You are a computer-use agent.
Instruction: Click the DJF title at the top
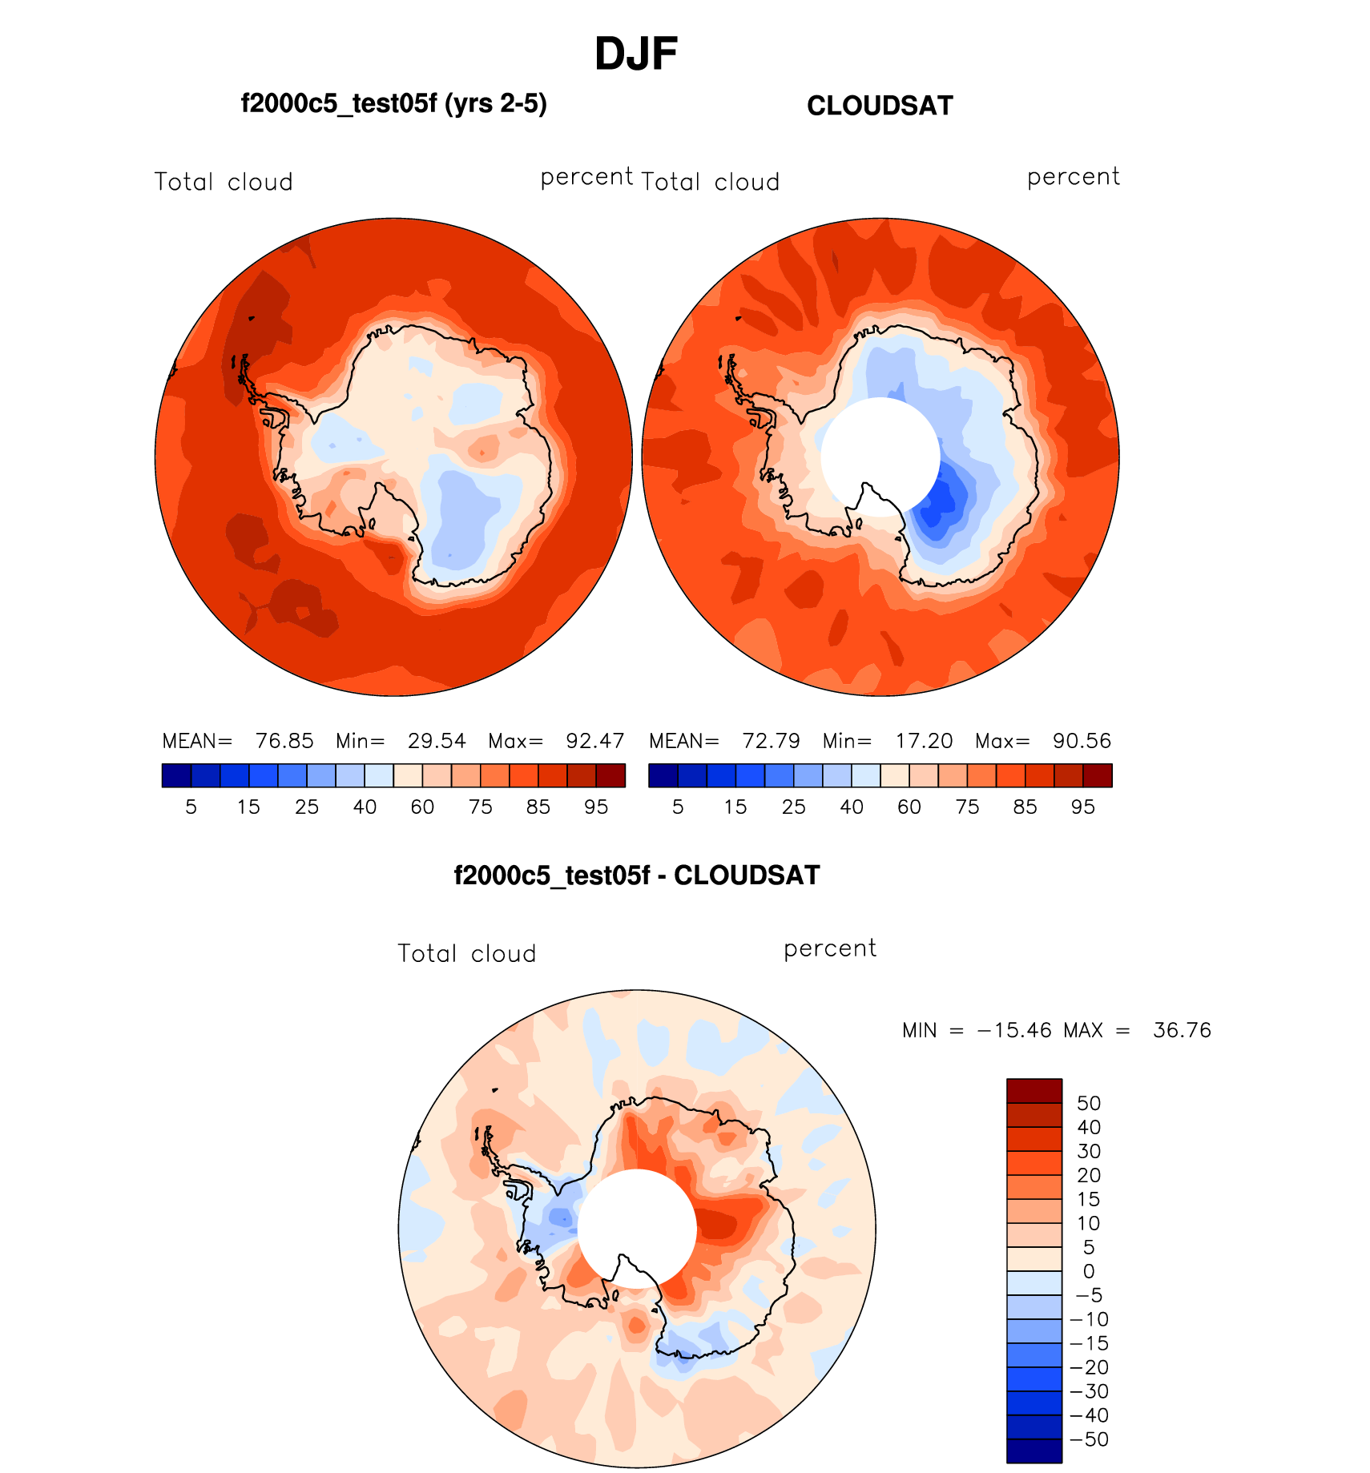[x=636, y=54]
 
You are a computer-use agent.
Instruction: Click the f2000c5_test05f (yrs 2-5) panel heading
[x=393, y=104]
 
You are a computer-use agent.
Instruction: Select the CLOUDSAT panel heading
[x=880, y=106]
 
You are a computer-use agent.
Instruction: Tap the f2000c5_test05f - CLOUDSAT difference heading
[x=637, y=875]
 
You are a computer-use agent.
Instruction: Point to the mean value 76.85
[x=284, y=741]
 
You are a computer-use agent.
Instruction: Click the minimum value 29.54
[x=437, y=741]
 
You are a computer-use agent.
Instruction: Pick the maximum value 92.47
[x=594, y=741]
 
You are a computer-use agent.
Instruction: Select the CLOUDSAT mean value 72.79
[x=771, y=741]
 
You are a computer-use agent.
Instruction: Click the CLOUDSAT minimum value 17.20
[x=924, y=741]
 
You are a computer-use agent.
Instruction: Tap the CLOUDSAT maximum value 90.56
[x=1082, y=741]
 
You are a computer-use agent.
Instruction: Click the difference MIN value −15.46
[x=1014, y=1030]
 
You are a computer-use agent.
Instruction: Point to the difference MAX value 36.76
[x=1182, y=1030]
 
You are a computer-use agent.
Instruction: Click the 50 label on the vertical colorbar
[x=1089, y=1104]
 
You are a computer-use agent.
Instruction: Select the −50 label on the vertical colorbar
[x=1089, y=1439]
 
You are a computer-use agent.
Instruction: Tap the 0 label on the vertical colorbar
[x=1089, y=1271]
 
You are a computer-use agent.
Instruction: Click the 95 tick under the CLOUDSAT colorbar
[x=1082, y=807]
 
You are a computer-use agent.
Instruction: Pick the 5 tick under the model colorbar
[x=191, y=807]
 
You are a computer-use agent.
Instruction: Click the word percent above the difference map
[x=830, y=949]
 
